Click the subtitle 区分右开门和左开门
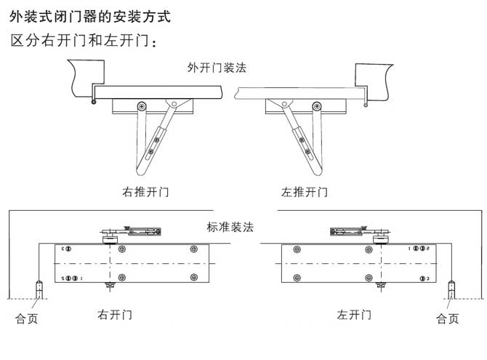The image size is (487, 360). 84,40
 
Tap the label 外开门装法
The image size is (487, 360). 217,68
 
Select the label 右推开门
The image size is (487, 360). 145,192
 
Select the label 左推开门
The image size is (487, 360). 304,192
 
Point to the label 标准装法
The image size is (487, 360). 230,226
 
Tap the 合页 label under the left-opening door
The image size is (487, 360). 447,319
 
